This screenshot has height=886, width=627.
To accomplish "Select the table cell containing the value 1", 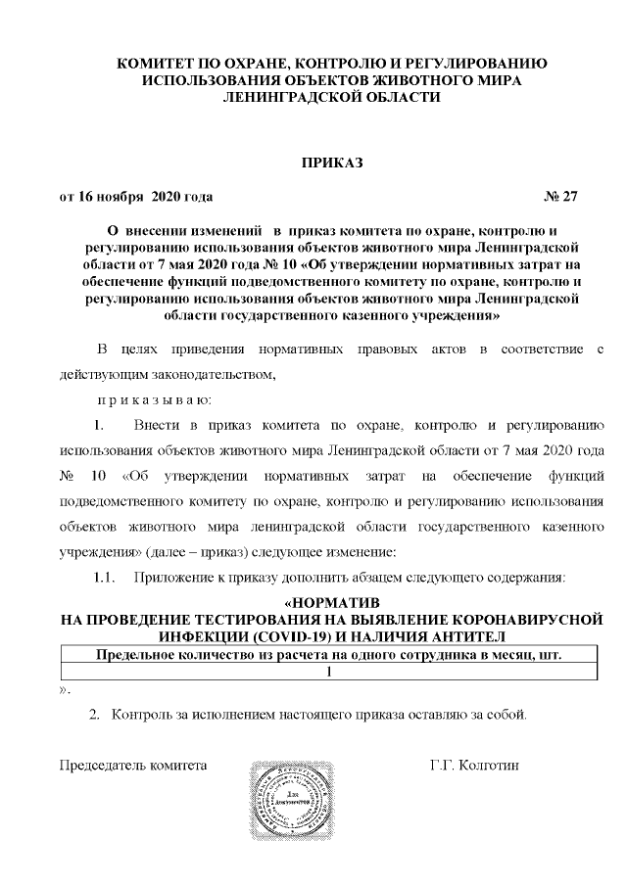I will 330,672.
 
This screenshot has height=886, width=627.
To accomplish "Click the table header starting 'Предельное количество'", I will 330,655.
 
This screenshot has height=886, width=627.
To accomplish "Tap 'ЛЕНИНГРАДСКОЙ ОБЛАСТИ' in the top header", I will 330,97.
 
